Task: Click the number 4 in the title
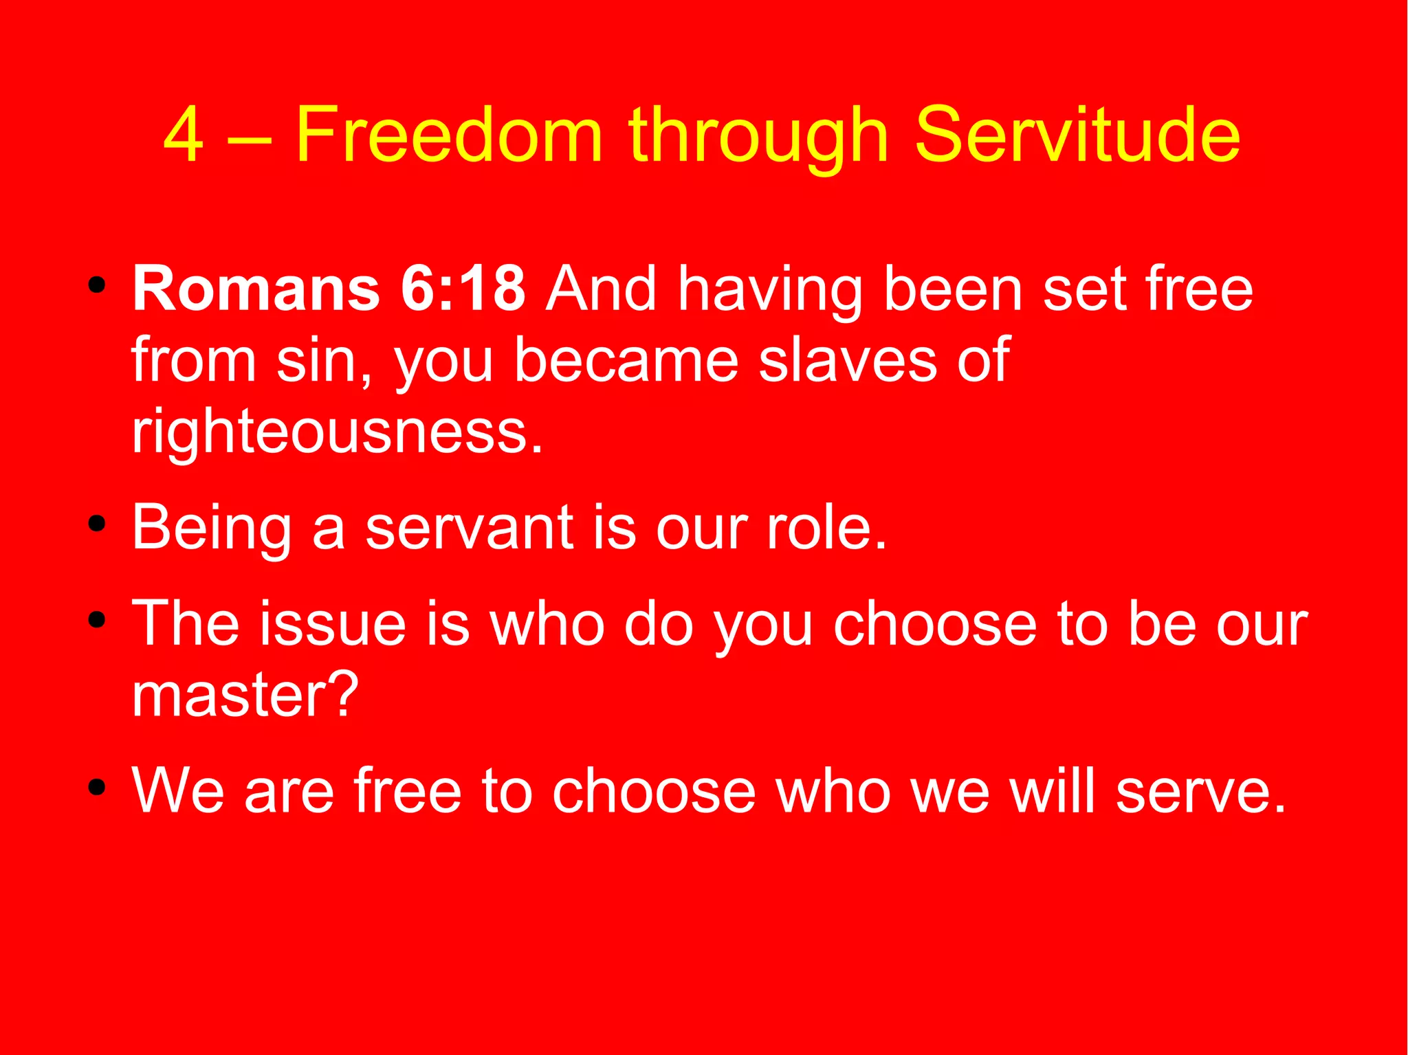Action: tap(184, 135)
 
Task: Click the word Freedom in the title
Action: tap(449, 135)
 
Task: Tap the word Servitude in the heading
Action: tap(1077, 135)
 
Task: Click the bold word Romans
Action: tap(256, 289)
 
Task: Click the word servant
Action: tap(469, 528)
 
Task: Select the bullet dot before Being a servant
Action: tap(97, 525)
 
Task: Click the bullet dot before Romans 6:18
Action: tap(97, 285)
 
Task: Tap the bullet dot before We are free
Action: tap(97, 788)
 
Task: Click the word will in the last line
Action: tap(1051, 790)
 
